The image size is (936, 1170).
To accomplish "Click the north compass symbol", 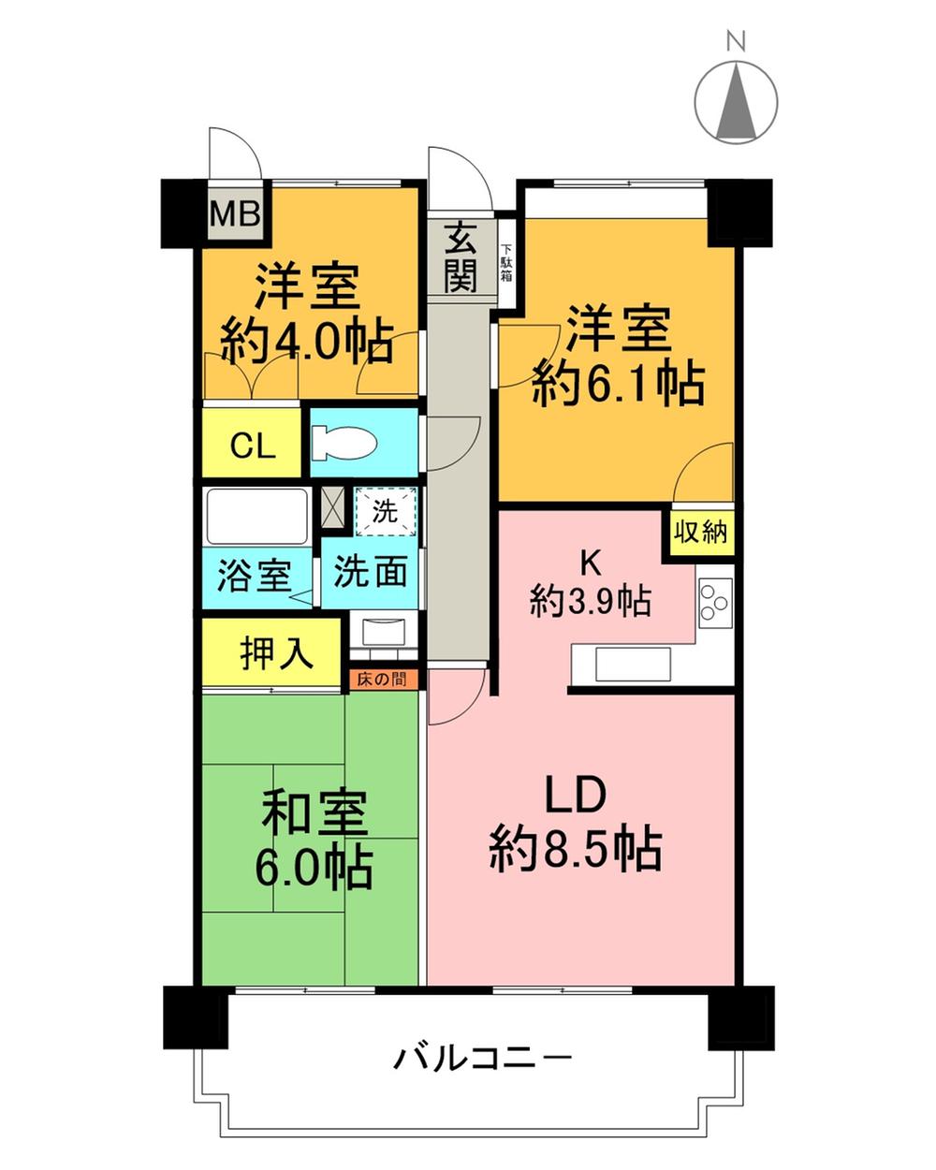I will pos(737,101).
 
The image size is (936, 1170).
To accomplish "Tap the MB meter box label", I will pos(234,214).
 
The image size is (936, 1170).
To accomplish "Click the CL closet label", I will pos(254,446).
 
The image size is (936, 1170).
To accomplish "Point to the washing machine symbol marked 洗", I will pos(385,512).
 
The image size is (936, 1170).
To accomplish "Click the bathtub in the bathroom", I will pos(256,516).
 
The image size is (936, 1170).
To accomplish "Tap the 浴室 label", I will pos(253,574).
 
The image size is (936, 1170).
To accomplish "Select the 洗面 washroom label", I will pos(370,572).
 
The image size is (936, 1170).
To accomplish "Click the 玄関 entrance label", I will pos(460,259).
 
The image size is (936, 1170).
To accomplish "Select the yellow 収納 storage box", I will pos(700,532).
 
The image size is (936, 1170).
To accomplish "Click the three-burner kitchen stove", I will pos(715,600).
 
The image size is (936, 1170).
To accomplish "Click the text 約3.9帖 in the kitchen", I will pos(590,600).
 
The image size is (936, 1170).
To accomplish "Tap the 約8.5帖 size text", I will pos(575,850).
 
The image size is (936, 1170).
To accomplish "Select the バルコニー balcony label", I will pos(482,1060).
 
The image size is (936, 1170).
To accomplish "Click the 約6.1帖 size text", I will pos(618,382).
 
